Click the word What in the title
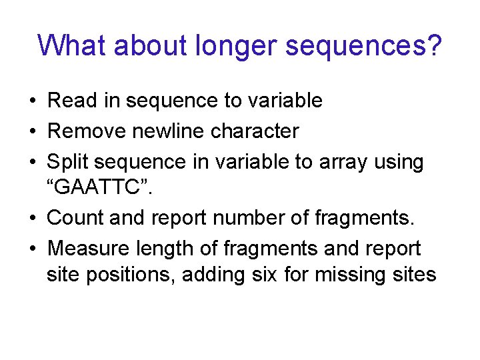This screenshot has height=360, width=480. coord(73,46)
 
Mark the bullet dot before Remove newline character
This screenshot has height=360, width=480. coord(33,132)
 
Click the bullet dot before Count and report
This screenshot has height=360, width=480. coord(33,218)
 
